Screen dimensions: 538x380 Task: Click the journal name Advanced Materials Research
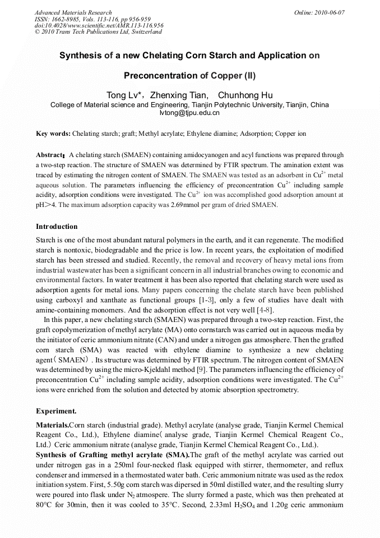[x=73, y=12]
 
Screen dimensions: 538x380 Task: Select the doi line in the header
[x=99, y=25]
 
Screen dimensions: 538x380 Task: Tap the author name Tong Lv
[x=123, y=95]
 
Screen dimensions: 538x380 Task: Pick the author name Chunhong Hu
[x=245, y=95]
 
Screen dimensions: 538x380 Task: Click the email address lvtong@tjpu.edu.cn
[x=189, y=113]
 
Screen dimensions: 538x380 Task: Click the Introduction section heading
[x=57, y=227]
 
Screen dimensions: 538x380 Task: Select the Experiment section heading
[x=56, y=411]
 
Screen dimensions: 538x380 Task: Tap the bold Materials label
[x=52, y=425]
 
